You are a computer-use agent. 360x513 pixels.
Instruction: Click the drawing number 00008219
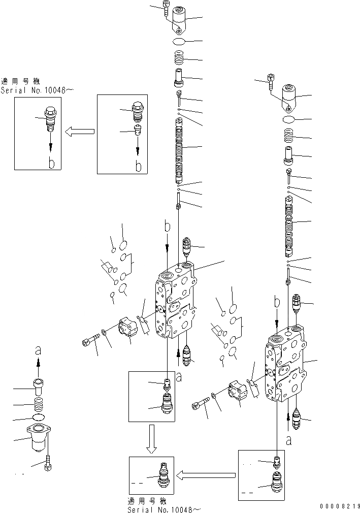pos(339,506)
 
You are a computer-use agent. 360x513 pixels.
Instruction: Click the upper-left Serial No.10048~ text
pos(38,90)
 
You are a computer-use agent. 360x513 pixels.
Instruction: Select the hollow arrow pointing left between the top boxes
pos(80,132)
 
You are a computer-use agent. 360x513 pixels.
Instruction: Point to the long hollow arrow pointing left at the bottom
pos(206,475)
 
